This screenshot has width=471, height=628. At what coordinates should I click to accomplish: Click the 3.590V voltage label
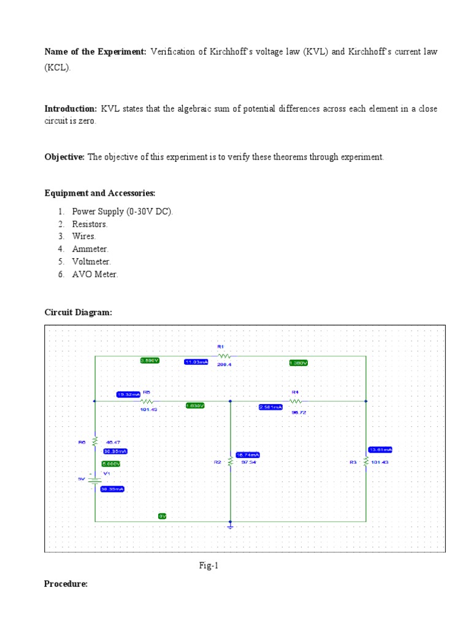pos(150,361)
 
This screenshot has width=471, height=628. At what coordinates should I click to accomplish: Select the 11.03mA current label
pos(196,362)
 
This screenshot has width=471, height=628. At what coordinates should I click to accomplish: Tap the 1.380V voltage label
pos(298,363)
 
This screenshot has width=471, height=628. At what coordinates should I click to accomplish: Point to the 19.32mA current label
pos(128,394)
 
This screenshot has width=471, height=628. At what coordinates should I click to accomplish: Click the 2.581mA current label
pos(270,407)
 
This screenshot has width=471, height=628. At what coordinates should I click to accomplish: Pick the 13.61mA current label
pos(380,449)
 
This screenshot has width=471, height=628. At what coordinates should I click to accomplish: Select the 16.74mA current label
pos(248,454)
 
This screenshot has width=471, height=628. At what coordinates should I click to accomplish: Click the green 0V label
pos(163,516)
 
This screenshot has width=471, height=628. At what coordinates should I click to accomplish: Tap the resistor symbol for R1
pos(224,355)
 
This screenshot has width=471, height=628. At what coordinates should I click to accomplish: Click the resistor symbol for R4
pos(296,400)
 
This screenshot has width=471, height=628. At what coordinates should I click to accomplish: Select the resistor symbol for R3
pos(366,461)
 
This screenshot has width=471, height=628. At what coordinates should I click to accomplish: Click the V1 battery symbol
pos(94,480)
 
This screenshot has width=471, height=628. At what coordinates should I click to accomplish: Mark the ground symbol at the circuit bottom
pos(230,526)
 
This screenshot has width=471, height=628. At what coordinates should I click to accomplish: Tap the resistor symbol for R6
pos(94,441)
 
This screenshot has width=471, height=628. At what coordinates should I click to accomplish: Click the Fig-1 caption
pos(207,566)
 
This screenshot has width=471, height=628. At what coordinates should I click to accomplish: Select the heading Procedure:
pos(66,584)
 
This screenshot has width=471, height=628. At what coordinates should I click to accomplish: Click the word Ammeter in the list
pos(90,249)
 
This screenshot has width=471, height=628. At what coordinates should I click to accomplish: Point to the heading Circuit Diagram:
pos(78,312)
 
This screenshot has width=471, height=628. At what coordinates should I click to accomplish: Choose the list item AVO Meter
pos(95,274)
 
